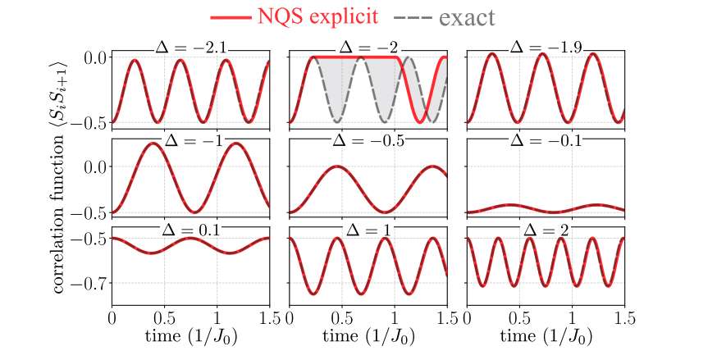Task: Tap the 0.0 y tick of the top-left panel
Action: tap(93, 57)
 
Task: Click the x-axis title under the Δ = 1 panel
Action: tap(368, 338)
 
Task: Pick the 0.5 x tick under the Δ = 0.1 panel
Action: tap(164, 317)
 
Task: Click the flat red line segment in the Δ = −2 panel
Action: tap(357, 57)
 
